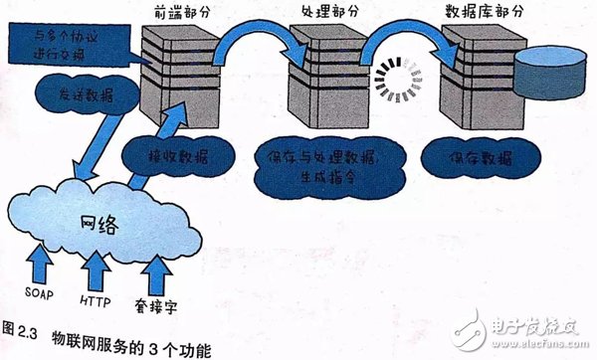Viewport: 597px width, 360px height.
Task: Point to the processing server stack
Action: [x=322, y=74]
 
